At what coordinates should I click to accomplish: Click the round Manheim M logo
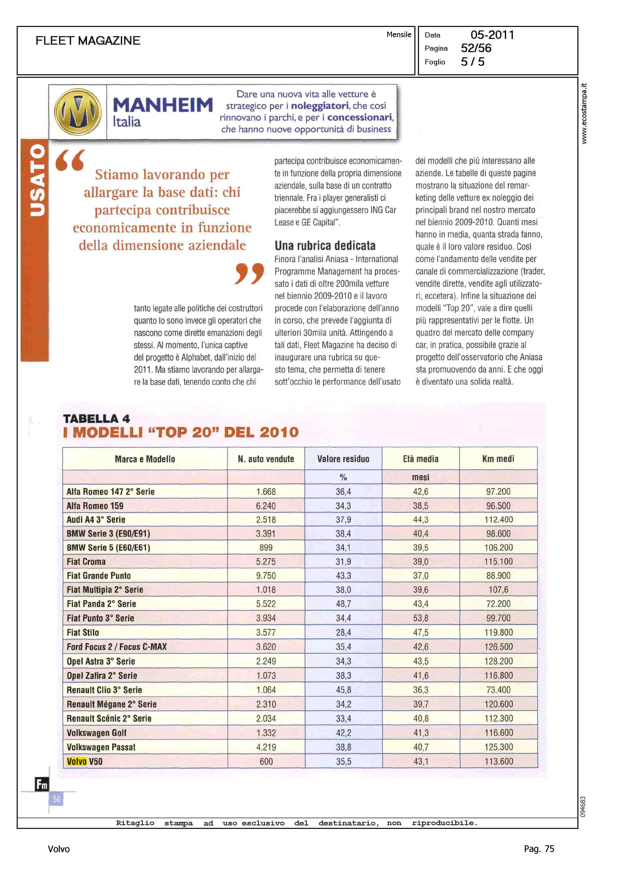[78, 112]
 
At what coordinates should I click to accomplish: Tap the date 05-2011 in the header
[492, 35]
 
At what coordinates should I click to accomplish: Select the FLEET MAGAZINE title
[88, 41]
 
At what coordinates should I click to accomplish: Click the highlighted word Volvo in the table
[77, 762]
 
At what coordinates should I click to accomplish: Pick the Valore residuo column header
[343, 459]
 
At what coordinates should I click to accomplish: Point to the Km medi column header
[498, 459]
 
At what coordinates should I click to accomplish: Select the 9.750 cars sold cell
[266, 576]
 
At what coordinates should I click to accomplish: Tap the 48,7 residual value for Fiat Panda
[343, 604]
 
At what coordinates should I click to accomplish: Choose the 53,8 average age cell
[421, 618]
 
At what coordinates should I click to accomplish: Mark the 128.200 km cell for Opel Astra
[498, 661]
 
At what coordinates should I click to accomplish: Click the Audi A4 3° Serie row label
[96, 520]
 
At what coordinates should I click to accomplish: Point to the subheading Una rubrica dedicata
[325, 246]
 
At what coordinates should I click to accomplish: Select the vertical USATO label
[37, 180]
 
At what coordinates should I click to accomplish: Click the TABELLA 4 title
[96, 419]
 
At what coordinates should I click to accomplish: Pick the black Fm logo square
[42, 785]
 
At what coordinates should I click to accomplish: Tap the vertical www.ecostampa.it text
[584, 113]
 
